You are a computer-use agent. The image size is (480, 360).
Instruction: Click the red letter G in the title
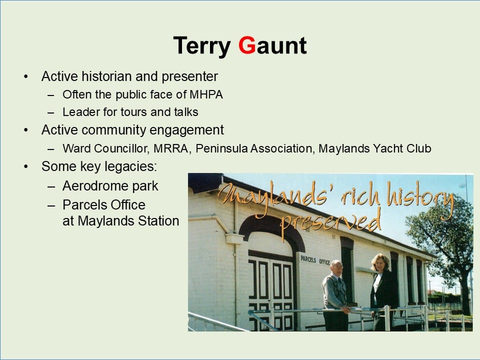click(x=246, y=45)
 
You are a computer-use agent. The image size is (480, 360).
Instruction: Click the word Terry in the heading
click(x=201, y=46)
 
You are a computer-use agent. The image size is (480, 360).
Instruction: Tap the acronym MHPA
click(x=206, y=94)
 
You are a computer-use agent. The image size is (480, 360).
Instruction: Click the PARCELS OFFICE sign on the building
click(x=315, y=260)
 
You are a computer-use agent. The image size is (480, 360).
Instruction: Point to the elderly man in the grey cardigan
click(x=335, y=295)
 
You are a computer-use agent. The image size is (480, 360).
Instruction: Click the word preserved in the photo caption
click(x=330, y=223)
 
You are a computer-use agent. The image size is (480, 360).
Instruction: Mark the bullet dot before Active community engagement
click(x=26, y=130)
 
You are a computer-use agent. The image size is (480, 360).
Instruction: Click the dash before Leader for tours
click(x=51, y=112)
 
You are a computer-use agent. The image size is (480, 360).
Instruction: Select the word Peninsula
click(x=221, y=148)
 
